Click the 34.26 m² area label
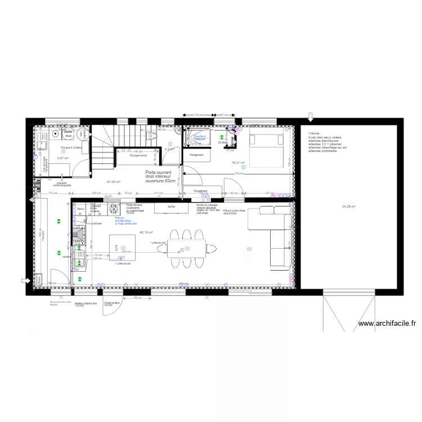349,206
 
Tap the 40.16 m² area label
146,232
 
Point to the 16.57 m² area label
239,163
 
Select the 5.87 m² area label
62,158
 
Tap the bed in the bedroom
266,150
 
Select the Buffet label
171,207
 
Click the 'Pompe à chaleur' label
72,147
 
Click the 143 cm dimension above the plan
198,115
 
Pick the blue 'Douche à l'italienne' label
200,137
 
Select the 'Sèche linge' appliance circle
68,133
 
